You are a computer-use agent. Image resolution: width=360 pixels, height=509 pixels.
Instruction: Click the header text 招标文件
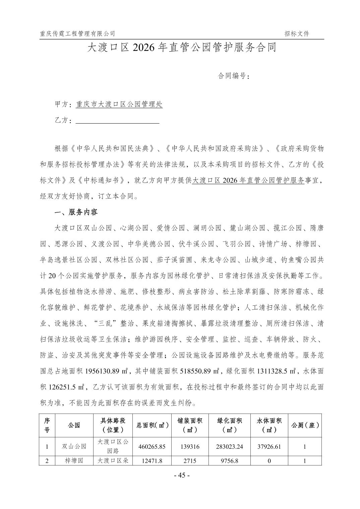point(297,33)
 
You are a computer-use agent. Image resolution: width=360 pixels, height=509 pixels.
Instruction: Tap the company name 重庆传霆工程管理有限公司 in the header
point(77,33)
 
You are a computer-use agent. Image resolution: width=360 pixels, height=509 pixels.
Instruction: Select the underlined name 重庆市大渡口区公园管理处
point(119,104)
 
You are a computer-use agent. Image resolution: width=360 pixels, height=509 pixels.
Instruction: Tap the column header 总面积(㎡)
point(153,425)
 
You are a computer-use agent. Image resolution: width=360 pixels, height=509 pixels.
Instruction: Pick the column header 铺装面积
point(190,425)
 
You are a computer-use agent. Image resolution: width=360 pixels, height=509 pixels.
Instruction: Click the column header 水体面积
point(269,425)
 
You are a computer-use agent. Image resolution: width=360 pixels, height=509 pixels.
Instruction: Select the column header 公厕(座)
point(305,425)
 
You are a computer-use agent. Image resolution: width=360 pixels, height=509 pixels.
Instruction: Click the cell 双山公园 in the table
point(74,446)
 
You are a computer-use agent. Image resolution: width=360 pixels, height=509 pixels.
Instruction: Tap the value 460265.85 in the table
point(152,446)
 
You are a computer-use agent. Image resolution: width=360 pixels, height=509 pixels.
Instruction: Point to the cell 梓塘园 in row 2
point(74,461)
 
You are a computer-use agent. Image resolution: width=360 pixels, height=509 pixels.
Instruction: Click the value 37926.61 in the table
point(269,446)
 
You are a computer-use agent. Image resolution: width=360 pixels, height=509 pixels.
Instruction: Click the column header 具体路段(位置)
point(113,425)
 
